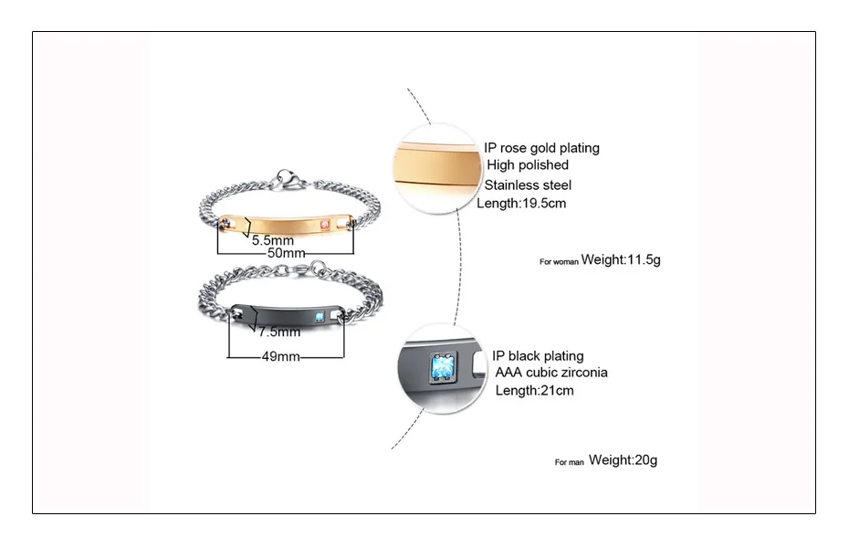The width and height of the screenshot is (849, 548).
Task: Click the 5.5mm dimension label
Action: (x=271, y=240)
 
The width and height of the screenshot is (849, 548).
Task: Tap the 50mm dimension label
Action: (x=286, y=253)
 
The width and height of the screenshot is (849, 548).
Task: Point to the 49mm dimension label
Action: (x=280, y=357)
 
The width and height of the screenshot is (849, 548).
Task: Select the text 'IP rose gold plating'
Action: (x=541, y=148)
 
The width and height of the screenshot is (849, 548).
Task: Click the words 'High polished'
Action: (x=528, y=165)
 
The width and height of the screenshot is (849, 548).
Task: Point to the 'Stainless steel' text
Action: (x=534, y=185)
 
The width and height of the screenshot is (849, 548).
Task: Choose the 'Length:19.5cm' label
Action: (x=521, y=204)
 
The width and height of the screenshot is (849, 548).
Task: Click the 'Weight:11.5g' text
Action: (x=621, y=260)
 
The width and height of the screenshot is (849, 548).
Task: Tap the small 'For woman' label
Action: (x=559, y=262)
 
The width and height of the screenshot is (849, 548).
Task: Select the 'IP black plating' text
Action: (x=538, y=356)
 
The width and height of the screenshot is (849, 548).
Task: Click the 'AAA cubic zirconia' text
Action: (x=551, y=373)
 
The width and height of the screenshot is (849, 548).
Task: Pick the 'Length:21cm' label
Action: (x=534, y=391)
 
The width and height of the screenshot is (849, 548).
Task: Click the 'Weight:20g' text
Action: (x=623, y=460)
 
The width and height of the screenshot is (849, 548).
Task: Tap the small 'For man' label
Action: (x=569, y=462)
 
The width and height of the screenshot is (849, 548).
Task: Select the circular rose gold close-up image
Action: (x=435, y=169)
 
